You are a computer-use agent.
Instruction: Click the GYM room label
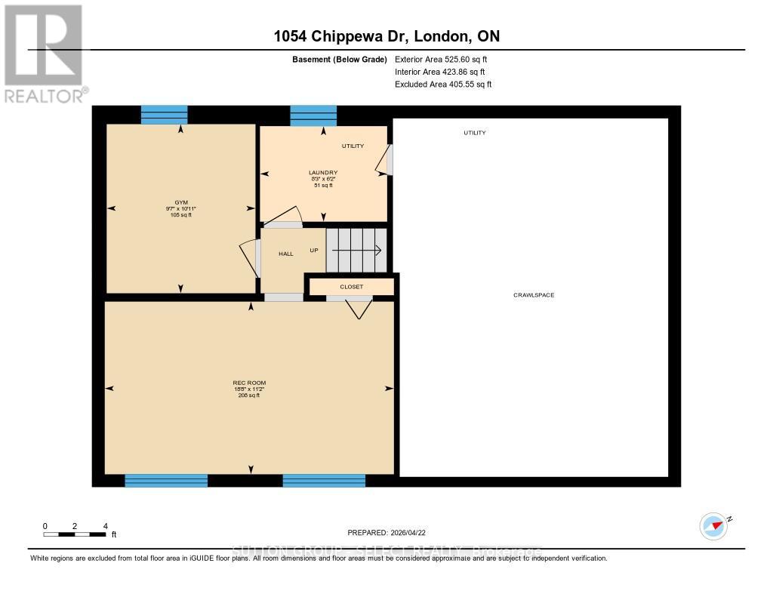click(x=180, y=203)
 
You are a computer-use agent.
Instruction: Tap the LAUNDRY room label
click(x=322, y=173)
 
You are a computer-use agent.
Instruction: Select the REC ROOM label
click(x=248, y=383)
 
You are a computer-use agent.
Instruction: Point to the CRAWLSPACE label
click(x=534, y=295)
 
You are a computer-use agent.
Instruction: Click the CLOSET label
click(x=351, y=287)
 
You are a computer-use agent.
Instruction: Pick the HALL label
click(x=285, y=254)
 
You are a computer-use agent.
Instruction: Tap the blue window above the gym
click(x=164, y=115)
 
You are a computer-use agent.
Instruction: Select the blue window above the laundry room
click(x=313, y=115)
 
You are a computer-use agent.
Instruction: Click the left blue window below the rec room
click(x=166, y=481)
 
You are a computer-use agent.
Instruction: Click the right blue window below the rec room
click(x=324, y=481)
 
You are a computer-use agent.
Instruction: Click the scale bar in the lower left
click(x=75, y=534)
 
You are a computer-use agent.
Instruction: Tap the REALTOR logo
click(x=45, y=53)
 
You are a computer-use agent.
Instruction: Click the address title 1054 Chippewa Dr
click(x=386, y=36)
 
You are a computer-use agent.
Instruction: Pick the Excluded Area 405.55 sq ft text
click(x=443, y=85)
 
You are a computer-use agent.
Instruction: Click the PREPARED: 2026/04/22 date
click(x=392, y=532)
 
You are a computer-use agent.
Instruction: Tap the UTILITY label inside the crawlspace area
click(x=474, y=133)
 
